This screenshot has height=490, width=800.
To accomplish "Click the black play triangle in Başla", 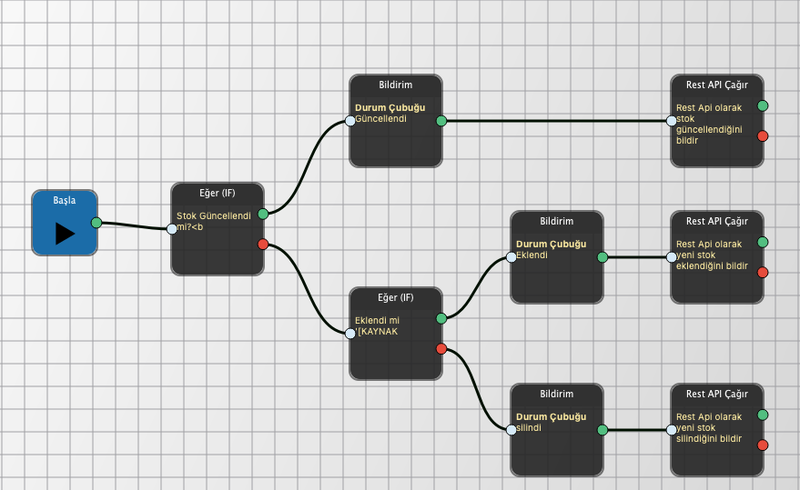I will point(64,233).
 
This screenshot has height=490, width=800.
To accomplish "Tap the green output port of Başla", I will point(96,223).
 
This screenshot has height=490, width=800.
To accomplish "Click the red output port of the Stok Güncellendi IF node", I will point(263,244).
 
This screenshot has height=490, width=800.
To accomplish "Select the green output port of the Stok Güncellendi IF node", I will point(263,214).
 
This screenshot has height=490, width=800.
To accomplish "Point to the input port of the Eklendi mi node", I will point(350,334).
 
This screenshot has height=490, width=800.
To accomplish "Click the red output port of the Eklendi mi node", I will point(441,349).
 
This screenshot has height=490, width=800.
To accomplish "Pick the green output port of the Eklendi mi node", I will point(441,318).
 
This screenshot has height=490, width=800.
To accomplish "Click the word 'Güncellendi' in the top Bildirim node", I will point(381,118).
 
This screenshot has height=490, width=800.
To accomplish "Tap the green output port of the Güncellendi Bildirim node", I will point(441,121).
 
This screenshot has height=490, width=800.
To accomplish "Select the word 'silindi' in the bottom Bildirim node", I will point(529,427).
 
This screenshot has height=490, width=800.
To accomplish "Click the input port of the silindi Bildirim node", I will point(511,430).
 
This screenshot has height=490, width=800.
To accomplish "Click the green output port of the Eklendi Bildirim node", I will point(603,257).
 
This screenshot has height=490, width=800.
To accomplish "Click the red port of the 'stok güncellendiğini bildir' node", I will point(763,136).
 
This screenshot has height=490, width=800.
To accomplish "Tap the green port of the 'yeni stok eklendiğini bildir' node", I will point(763,242).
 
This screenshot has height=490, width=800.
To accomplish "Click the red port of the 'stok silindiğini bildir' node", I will point(763,445).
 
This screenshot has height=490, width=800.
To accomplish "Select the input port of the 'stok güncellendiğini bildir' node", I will point(672,121).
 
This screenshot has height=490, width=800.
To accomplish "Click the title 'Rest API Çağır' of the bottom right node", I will point(717,394).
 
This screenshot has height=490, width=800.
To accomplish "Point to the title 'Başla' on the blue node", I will point(64,200).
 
